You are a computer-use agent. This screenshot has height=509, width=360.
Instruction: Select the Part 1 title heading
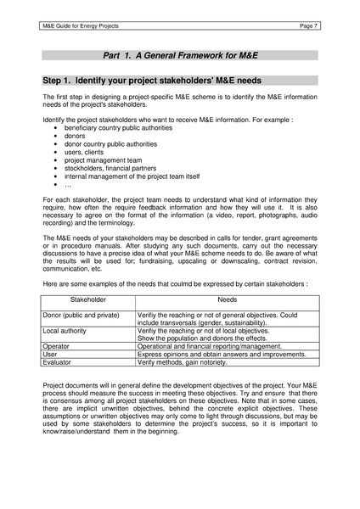[x=180, y=55]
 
